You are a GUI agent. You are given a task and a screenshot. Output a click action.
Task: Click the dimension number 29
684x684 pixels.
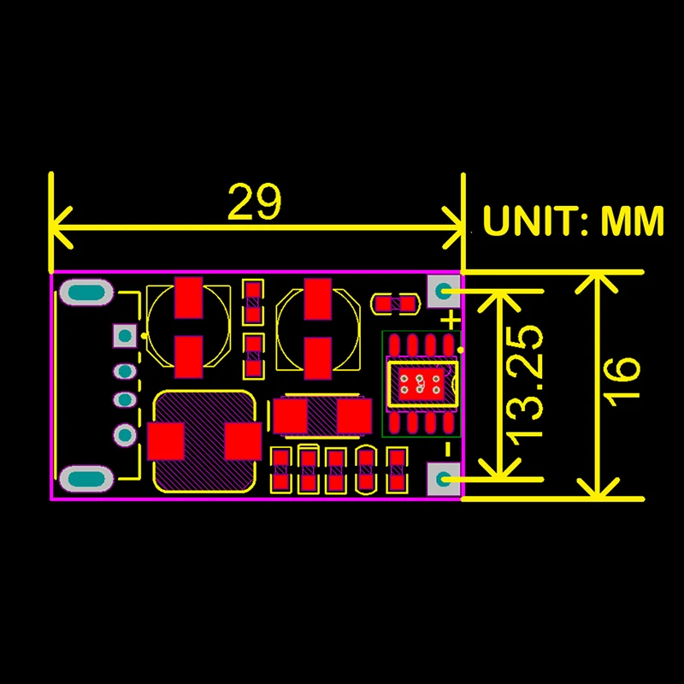[x=255, y=203]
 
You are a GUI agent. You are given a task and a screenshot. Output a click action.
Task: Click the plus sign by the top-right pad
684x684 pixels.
[x=451, y=320]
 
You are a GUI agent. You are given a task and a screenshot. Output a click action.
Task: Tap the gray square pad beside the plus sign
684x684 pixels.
[x=443, y=292]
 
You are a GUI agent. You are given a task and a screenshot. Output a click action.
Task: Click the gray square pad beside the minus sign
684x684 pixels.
[x=443, y=480]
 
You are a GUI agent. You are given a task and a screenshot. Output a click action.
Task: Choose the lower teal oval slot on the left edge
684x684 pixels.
[x=85, y=480]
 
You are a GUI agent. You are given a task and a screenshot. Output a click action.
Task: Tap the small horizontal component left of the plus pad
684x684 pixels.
[x=393, y=303]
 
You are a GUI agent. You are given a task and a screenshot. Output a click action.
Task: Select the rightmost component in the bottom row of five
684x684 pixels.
[x=396, y=469]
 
